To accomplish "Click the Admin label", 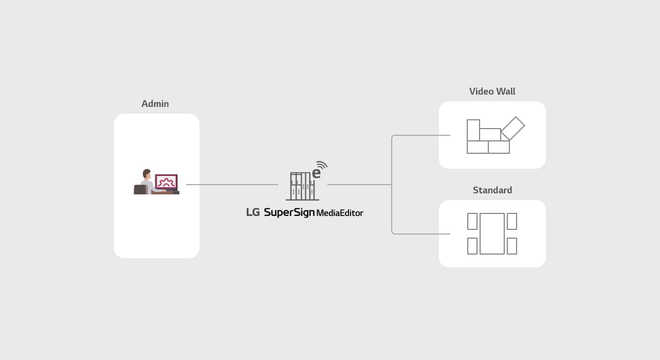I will click(x=155, y=104).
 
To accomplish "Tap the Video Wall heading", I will click(x=492, y=92).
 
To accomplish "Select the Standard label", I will click(x=492, y=190).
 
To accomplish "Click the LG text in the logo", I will click(x=253, y=212).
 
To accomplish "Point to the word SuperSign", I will click(x=289, y=212).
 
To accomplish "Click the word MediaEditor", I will click(x=340, y=213).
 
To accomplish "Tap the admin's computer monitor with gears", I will click(x=166, y=182).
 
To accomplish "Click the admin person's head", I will click(x=146, y=173).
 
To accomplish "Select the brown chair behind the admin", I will click(x=140, y=189).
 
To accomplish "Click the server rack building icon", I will click(x=302, y=186).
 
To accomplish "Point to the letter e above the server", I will click(x=317, y=173).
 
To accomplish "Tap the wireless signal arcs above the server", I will click(x=322, y=165).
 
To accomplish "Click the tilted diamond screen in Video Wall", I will click(x=512, y=128).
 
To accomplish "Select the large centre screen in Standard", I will click(x=492, y=233).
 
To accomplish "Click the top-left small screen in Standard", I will click(x=472, y=222).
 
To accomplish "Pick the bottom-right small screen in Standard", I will click(x=512, y=246).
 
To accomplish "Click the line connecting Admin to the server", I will click(x=231, y=185).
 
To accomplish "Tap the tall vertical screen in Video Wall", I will click(x=473, y=130).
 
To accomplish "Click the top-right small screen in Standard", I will click(x=512, y=222).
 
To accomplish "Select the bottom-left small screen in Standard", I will click(x=472, y=246).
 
